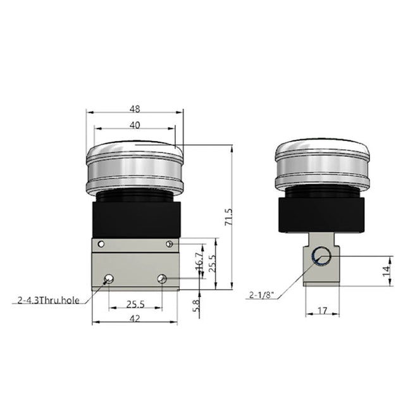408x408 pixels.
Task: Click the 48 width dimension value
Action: tap(135, 108)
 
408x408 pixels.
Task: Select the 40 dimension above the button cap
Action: tap(135, 125)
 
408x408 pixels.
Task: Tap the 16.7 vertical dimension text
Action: tap(199, 261)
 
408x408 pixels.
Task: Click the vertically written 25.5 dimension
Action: tap(213, 263)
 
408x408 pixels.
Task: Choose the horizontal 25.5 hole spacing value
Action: tap(135, 304)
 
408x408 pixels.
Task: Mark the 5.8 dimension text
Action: tap(197, 306)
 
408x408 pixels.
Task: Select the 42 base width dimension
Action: tap(135, 319)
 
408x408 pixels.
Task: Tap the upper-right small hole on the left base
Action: tap(169, 244)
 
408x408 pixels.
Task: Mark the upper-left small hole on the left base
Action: tap(100, 244)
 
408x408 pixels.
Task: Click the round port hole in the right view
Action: tap(321, 256)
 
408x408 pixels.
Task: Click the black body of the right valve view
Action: tap(321, 214)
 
